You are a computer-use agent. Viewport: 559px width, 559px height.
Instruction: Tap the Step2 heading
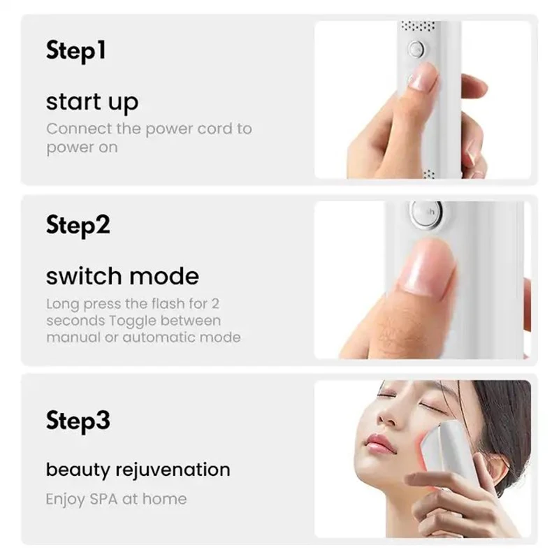tap(78, 226)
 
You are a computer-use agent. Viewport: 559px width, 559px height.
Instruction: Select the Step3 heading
tap(78, 421)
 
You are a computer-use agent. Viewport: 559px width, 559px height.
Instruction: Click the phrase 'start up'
tap(92, 102)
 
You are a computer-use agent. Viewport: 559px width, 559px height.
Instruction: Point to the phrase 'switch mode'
tap(122, 275)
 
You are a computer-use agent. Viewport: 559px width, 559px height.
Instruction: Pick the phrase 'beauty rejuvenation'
tap(138, 469)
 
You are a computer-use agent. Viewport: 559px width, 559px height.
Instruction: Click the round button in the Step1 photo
tap(416, 50)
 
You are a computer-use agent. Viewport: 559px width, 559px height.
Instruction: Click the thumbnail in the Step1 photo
tap(422, 77)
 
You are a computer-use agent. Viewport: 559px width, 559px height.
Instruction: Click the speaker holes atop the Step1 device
tap(417, 27)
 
